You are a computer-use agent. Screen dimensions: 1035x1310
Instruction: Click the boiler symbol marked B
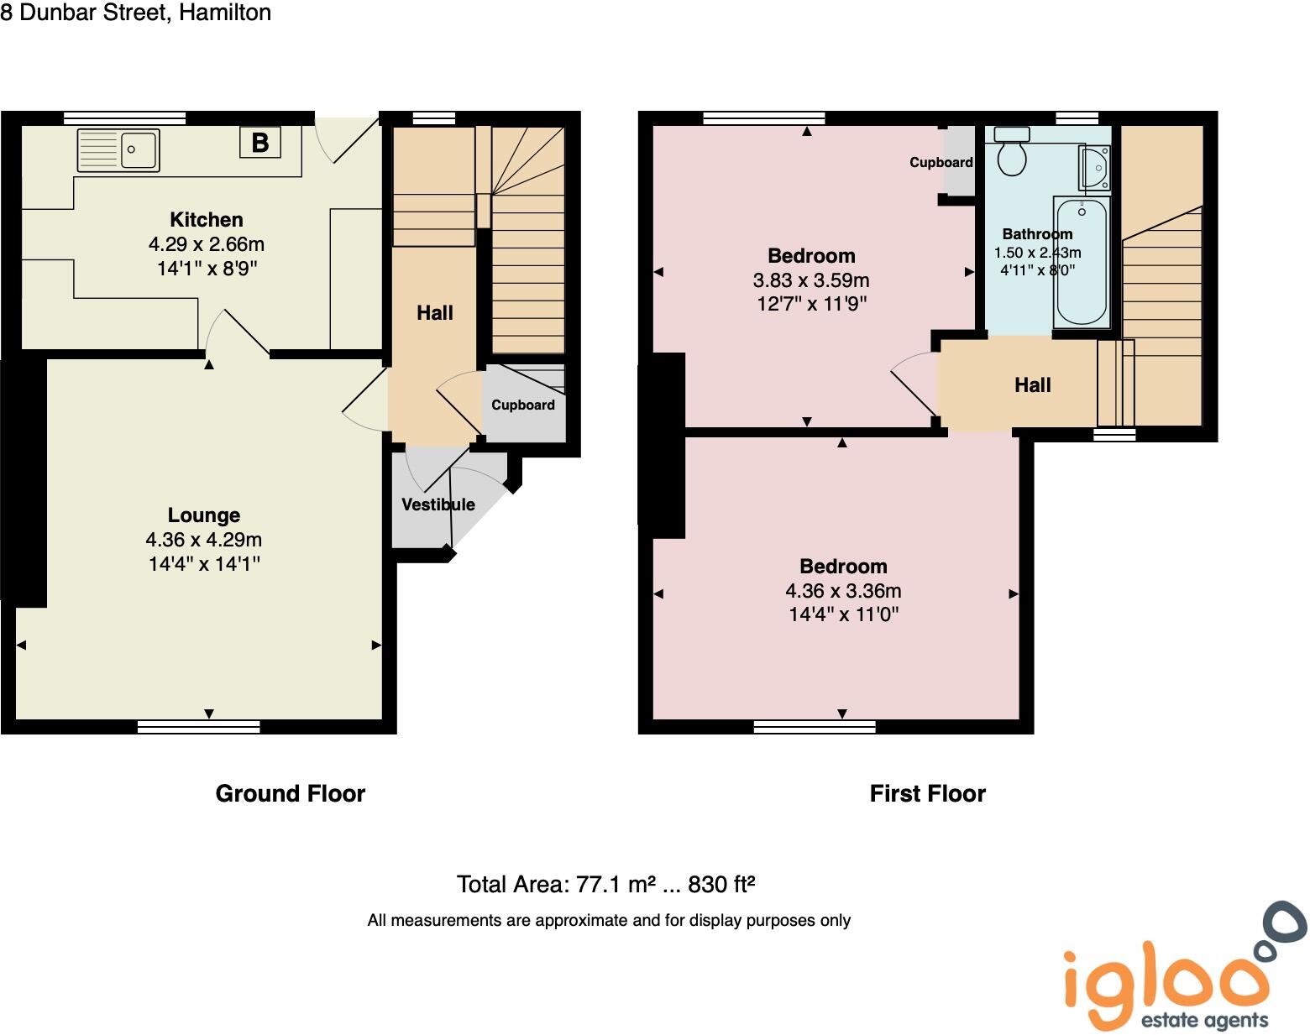pos(259,143)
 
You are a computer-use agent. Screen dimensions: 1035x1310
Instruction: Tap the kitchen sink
pos(118,151)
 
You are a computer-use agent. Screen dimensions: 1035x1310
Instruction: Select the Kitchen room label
pos(206,220)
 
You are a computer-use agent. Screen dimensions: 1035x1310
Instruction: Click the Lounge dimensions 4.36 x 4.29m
pos(203,540)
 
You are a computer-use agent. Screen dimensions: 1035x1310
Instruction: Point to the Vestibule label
pos(438,504)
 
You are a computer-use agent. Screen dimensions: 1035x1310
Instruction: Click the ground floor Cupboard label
pos(522,405)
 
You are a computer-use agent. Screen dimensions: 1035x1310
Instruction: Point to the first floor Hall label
pos(1032,385)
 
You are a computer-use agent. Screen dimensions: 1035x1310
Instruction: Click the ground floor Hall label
pos(434,313)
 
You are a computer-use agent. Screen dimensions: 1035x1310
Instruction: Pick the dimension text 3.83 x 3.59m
pos(810,280)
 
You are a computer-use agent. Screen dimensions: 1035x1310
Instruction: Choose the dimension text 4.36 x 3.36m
pos(842,591)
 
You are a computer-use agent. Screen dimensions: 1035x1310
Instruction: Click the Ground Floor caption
pos(290,793)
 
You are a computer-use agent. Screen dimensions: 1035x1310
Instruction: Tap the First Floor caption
pos(927,793)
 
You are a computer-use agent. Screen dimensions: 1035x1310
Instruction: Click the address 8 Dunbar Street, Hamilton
pos(136,13)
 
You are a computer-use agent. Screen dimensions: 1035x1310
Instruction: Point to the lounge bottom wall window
pos(199,727)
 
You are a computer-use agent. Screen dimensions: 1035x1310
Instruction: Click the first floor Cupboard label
pos(941,162)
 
